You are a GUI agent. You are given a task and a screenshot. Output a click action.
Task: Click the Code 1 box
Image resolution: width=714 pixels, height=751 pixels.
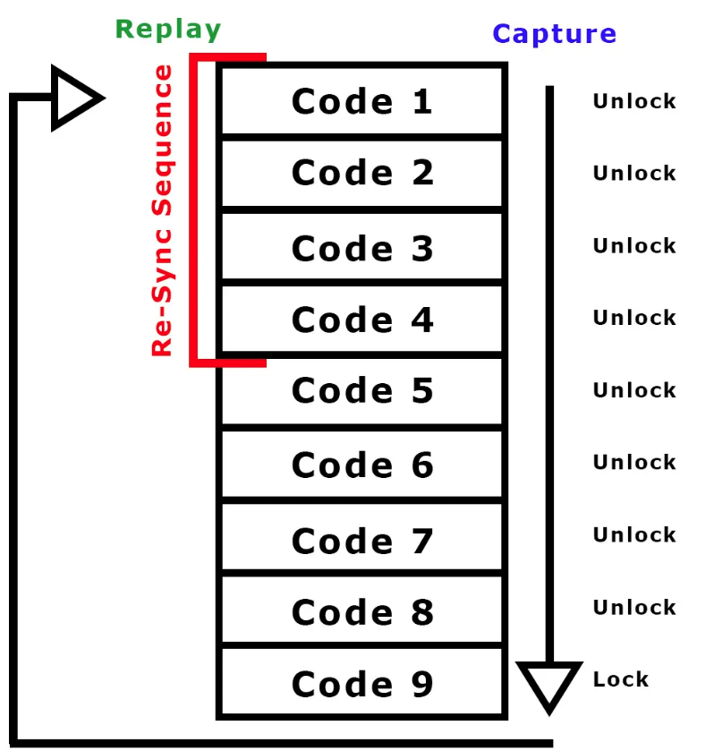[x=362, y=101]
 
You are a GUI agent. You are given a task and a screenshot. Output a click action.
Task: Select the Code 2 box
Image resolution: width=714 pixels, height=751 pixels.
[x=362, y=173]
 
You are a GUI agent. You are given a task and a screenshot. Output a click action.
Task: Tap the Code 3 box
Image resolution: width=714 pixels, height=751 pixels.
[x=362, y=248]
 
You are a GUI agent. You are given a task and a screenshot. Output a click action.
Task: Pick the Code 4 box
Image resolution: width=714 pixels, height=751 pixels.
[x=362, y=320]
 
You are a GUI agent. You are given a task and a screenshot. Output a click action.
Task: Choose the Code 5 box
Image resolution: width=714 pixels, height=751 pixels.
[x=362, y=391]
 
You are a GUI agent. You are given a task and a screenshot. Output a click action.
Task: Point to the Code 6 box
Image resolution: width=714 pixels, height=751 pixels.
[x=362, y=465]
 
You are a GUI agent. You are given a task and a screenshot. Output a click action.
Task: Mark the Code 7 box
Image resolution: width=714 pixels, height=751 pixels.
[x=362, y=540]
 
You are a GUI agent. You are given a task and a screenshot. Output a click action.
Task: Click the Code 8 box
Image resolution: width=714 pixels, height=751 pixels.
[x=362, y=611]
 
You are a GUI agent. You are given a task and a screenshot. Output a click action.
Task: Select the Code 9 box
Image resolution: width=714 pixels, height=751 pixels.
[x=362, y=684]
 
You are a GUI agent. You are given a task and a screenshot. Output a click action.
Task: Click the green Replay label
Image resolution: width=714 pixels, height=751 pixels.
[x=168, y=30]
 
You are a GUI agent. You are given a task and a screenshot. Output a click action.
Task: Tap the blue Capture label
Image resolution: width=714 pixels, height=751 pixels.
[x=554, y=34]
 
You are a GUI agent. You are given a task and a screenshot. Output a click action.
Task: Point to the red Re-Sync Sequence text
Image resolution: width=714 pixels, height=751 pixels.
[x=162, y=211]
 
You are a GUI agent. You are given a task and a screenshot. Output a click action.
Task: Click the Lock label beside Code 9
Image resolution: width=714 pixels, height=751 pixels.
[x=620, y=679]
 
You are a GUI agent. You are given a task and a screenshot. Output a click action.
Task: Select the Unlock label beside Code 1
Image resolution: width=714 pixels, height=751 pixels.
[x=634, y=101]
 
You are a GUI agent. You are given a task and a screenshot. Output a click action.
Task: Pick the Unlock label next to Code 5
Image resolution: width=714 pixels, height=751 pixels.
[x=634, y=390]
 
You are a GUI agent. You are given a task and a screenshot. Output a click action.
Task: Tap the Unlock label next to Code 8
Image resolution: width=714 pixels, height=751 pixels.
[x=634, y=607]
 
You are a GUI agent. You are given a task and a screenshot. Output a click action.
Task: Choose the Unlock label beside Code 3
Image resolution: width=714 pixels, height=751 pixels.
[x=634, y=245]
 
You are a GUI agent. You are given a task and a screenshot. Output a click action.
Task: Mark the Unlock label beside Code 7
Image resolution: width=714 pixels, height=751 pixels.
[x=634, y=534]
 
